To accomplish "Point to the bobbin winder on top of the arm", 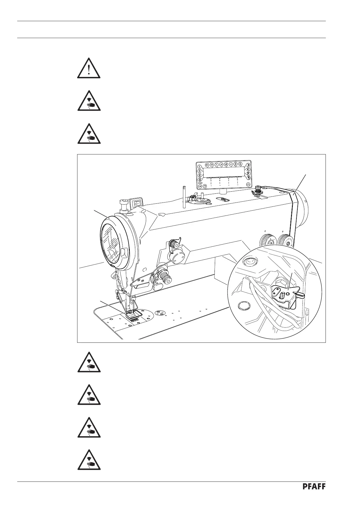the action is pos(199,200).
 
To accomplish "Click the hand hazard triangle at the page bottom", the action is pos(89,461).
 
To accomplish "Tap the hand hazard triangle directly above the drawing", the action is pos(89,134).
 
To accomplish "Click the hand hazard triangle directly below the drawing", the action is pos(89,362).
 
